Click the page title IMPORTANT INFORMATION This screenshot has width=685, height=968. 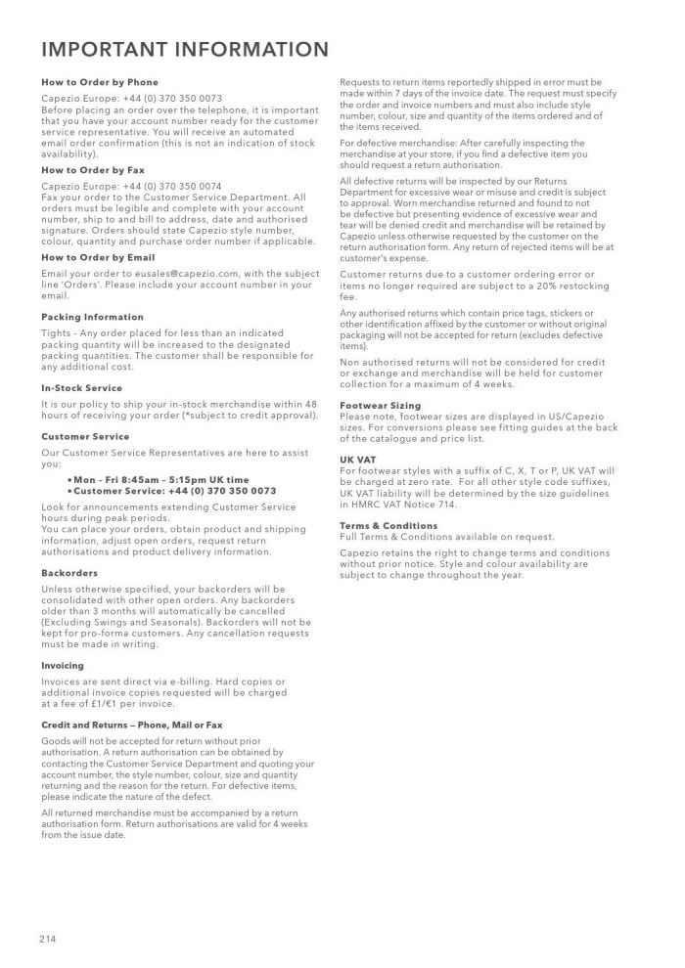pyautogui.click(x=185, y=50)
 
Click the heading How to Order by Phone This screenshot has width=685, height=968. pyautogui.click(x=100, y=82)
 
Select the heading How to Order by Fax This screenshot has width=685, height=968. pyautogui.click(x=94, y=170)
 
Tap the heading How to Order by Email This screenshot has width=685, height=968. pyautogui.click(x=98, y=257)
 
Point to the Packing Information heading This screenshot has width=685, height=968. pyautogui.click(x=92, y=317)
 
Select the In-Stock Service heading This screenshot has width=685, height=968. pyautogui.click(x=82, y=388)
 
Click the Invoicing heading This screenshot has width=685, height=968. pyautogui.click(x=63, y=666)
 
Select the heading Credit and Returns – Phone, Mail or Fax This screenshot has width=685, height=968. pyautogui.click(x=132, y=725)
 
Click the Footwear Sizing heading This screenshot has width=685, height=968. pyautogui.click(x=380, y=405)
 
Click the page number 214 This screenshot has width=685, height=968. pyautogui.click(x=49, y=939)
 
